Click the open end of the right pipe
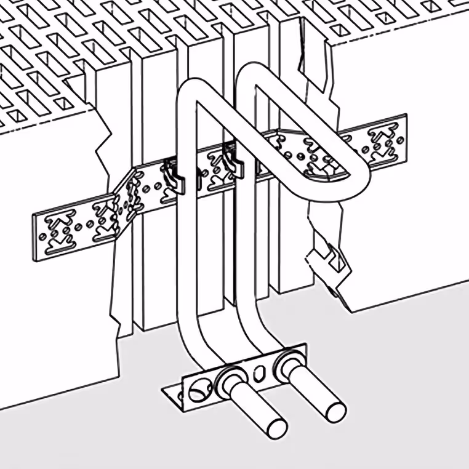pos(335,411)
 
